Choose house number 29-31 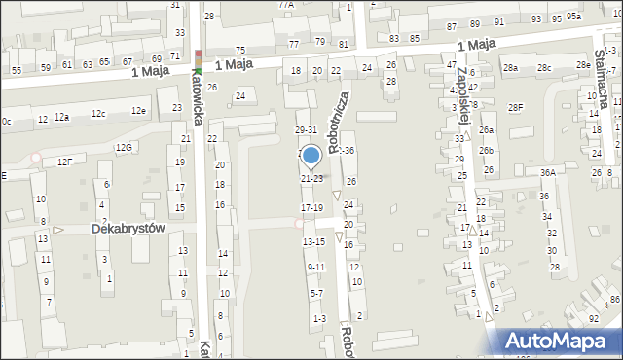(x=306, y=129)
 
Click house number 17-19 (x=311, y=208)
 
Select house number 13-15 (x=313, y=241)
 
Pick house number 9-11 (x=315, y=267)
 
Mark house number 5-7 (x=315, y=293)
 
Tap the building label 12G (x=124, y=147)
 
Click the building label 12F (x=64, y=161)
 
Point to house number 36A (x=548, y=172)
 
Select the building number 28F (x=515, y=107)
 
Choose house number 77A (x=285, y=5)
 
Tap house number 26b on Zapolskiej (x=486, y=152)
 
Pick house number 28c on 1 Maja (x=544, y=67)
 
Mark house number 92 (x=594, y=318)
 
